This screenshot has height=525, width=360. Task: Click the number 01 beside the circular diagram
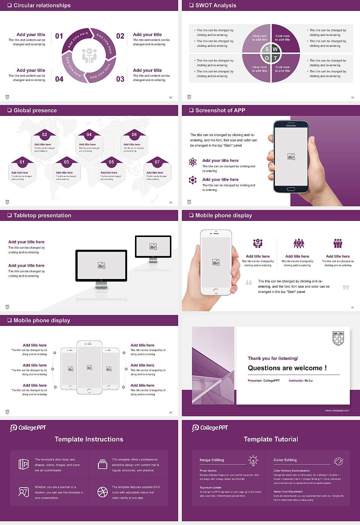pos(59,36)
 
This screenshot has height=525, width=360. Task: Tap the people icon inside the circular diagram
pos(89,55)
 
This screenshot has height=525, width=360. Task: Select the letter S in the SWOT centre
pos(267,49)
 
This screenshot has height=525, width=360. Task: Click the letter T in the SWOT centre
pos(275,58)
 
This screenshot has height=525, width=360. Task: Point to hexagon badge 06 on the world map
pos(134,135)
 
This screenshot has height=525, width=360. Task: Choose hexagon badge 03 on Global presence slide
pos(66,162)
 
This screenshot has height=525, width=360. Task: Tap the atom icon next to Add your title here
pos(193,162)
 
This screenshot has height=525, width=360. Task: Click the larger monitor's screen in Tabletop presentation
pos(101,265)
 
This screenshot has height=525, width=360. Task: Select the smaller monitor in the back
pos(153,246)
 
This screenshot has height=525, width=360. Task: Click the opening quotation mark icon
pos(249,282)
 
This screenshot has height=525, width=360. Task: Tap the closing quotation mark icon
pos(346,287)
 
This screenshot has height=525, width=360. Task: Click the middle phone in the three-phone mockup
pos(89,367)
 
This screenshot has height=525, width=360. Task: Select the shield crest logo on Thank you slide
pos(338,338)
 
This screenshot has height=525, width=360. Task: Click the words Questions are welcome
pos(287,368)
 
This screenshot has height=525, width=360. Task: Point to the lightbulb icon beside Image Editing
pos(253,460)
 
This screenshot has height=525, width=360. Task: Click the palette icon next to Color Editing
pos(338,461)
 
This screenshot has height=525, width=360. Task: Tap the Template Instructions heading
pos(89,439)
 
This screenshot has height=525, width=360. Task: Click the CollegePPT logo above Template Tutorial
pos(210,427)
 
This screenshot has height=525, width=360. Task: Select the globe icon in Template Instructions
pos(102,492)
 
